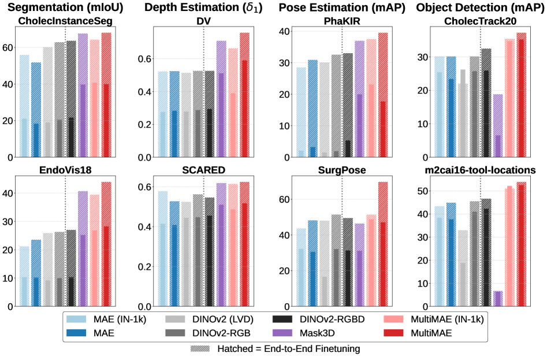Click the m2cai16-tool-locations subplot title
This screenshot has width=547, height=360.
pos(472,170)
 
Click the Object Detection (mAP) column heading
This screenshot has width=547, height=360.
pos(472,8)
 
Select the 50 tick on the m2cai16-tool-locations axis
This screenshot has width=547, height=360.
pos(423,191)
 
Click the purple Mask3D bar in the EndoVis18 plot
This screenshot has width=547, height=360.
pos(82,248)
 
